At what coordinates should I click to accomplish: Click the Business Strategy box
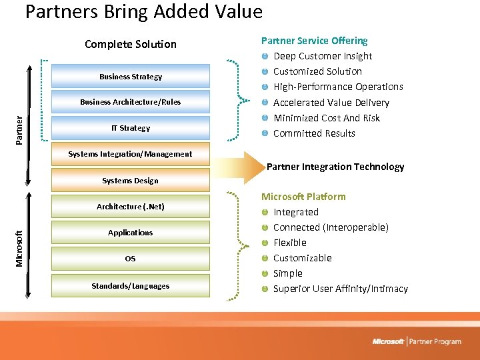(x=131, y=77)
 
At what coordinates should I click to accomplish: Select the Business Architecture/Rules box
(x=131, y=102)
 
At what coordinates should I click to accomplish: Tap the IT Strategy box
(x=131, y=128)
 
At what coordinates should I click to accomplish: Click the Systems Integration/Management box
(x=131, y=154)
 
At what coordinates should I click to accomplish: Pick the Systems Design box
(x=131, y=181)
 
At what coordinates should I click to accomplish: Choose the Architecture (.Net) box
(x=131, y=207)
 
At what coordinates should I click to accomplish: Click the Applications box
(x=131, y=233)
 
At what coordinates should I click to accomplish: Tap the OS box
(x=131, y=259)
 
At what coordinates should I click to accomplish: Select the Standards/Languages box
(x=131, y=286)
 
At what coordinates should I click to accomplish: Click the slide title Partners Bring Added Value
(x=143, y=12)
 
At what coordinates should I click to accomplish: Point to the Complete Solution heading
(x=131, y=44)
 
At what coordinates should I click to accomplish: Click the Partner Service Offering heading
(x=314, y=41)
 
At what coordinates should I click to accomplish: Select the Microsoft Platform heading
(x=303, y=197)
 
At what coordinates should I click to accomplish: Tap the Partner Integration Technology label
(x=335, y=167)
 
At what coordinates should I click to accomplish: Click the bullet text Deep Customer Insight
(x=323, y=56)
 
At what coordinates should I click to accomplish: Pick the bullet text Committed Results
(x=314, y=133)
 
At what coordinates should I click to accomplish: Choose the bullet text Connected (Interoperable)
(x=331, y=227)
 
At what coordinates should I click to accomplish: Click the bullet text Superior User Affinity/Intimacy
(x=341, y=289)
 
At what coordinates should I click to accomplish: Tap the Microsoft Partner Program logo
(x=417, y=341)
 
